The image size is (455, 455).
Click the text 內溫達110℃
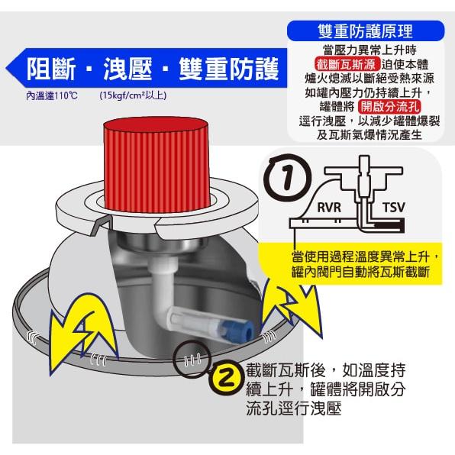point(51,96)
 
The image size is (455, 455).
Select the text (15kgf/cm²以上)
point(132,96)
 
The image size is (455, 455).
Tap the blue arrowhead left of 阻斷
point(13,70)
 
